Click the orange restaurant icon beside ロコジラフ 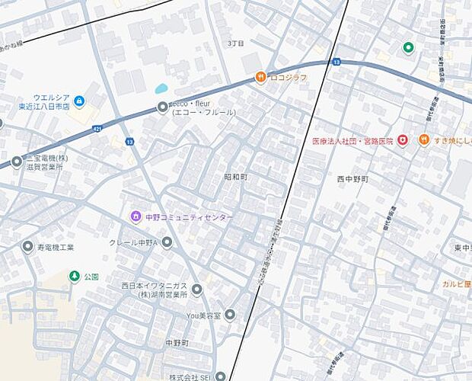[x=260, y=77]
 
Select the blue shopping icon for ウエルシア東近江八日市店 [x=79, y=101]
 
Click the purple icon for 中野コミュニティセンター [x=136, y=217]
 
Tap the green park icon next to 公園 [x=74, y=276]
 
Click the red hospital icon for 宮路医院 [x=402, y=140]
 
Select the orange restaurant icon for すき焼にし [x=425, y=140]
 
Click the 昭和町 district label [x=235, y=176]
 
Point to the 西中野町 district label [x=352, y=179]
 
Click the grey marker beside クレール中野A [x=167, y=242]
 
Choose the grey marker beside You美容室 [x=230, y=314]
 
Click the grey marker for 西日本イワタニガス [x=196, y=290]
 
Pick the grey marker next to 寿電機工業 [x=28, y=247]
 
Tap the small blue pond [x=161, y=88]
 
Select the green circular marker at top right [x=408, y=48]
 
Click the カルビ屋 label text [x=456, y=283]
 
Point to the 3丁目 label [x=235, y=43]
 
